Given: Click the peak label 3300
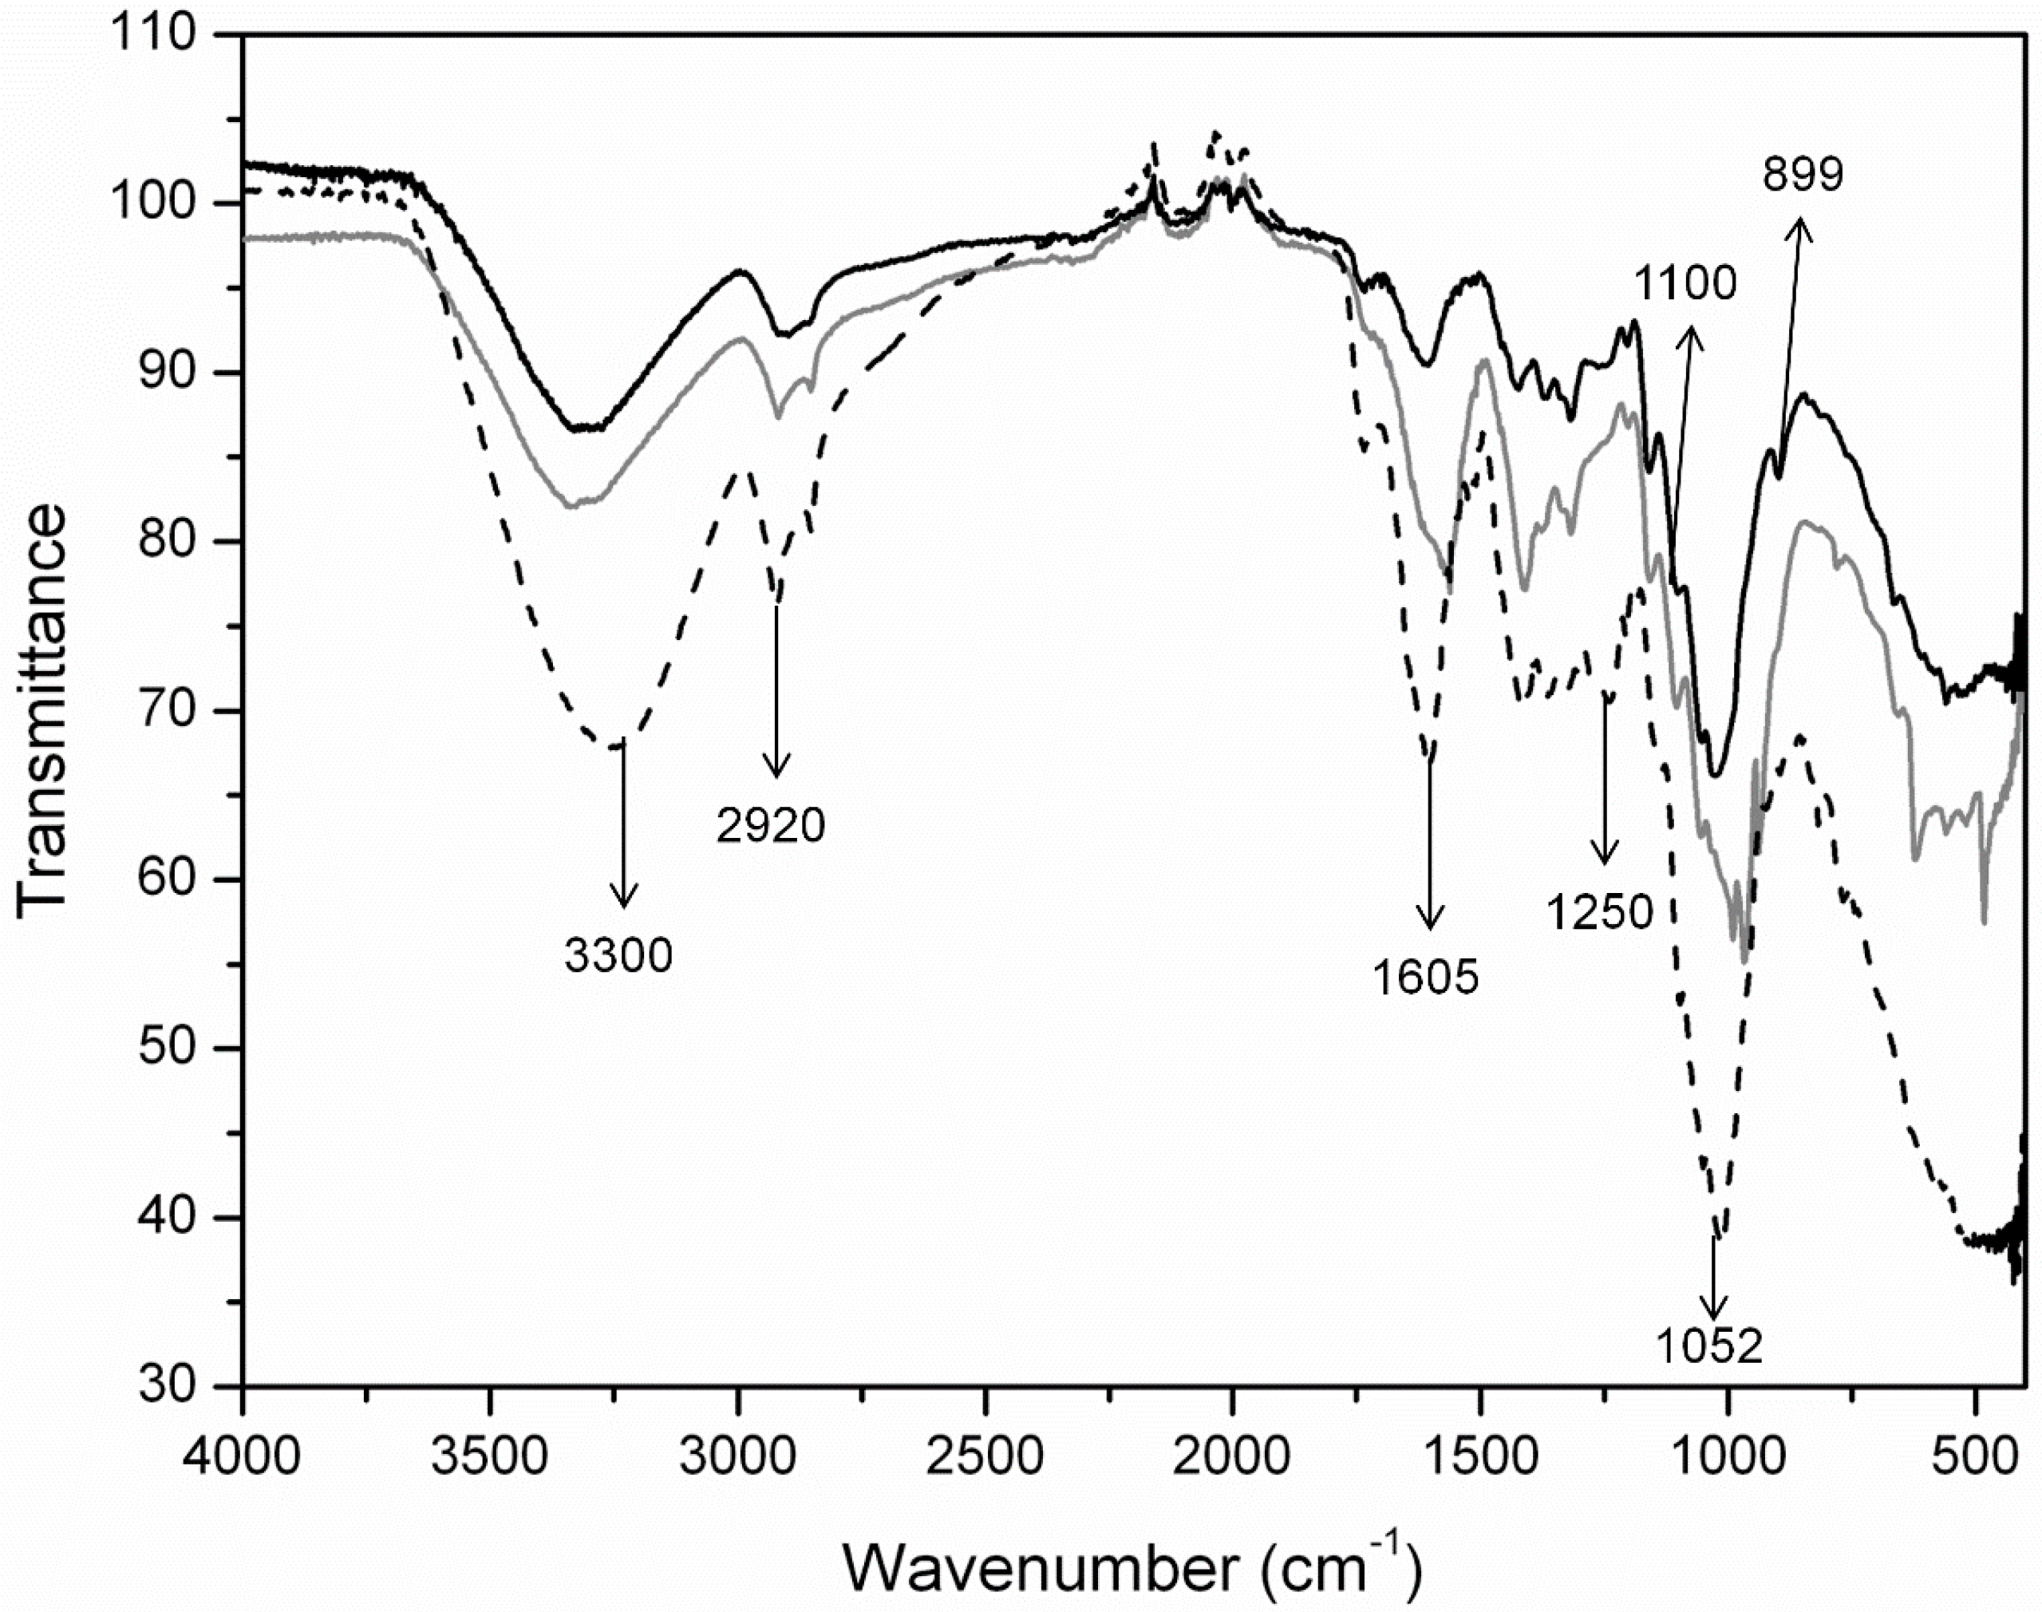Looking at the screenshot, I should [x=619, y=955].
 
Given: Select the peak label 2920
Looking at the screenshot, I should [x=771, y=826].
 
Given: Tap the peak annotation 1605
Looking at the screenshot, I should [x=1425, y=978].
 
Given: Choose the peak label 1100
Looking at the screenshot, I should [x=1685, y=282].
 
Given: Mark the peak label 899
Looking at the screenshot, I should [x=1803, y=175].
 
